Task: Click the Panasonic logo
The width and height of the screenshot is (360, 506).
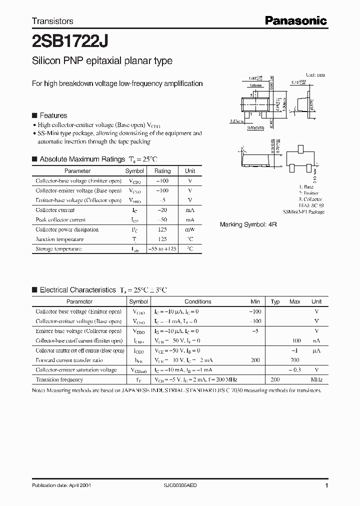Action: (295, 20)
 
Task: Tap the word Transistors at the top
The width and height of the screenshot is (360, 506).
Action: (52, 21)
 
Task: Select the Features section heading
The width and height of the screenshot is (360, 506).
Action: (53, 115)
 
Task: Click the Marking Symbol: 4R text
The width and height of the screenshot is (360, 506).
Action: (248, 224)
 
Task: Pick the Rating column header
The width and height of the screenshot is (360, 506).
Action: (162, 171)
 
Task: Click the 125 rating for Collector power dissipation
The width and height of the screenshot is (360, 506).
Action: (162, 229)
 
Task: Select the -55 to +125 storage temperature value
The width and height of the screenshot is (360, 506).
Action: (162, 248)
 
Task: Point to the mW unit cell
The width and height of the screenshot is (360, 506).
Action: (190, 229)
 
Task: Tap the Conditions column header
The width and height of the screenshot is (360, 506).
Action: (197, 301)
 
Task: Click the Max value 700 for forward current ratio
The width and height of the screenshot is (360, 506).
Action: (294, 360)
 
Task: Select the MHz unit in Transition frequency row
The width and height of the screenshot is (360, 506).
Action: (316, 379)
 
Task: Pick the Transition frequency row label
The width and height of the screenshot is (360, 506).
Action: (59, 379)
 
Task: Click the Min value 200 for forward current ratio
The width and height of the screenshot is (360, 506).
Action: (255, 360)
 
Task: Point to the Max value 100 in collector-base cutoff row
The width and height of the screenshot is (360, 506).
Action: (294, 340)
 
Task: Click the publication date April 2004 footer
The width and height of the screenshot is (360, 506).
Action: (61, 485)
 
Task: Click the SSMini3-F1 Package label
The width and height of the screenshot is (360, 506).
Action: (303, 212)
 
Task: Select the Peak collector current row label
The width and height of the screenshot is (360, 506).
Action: (60, 219)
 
